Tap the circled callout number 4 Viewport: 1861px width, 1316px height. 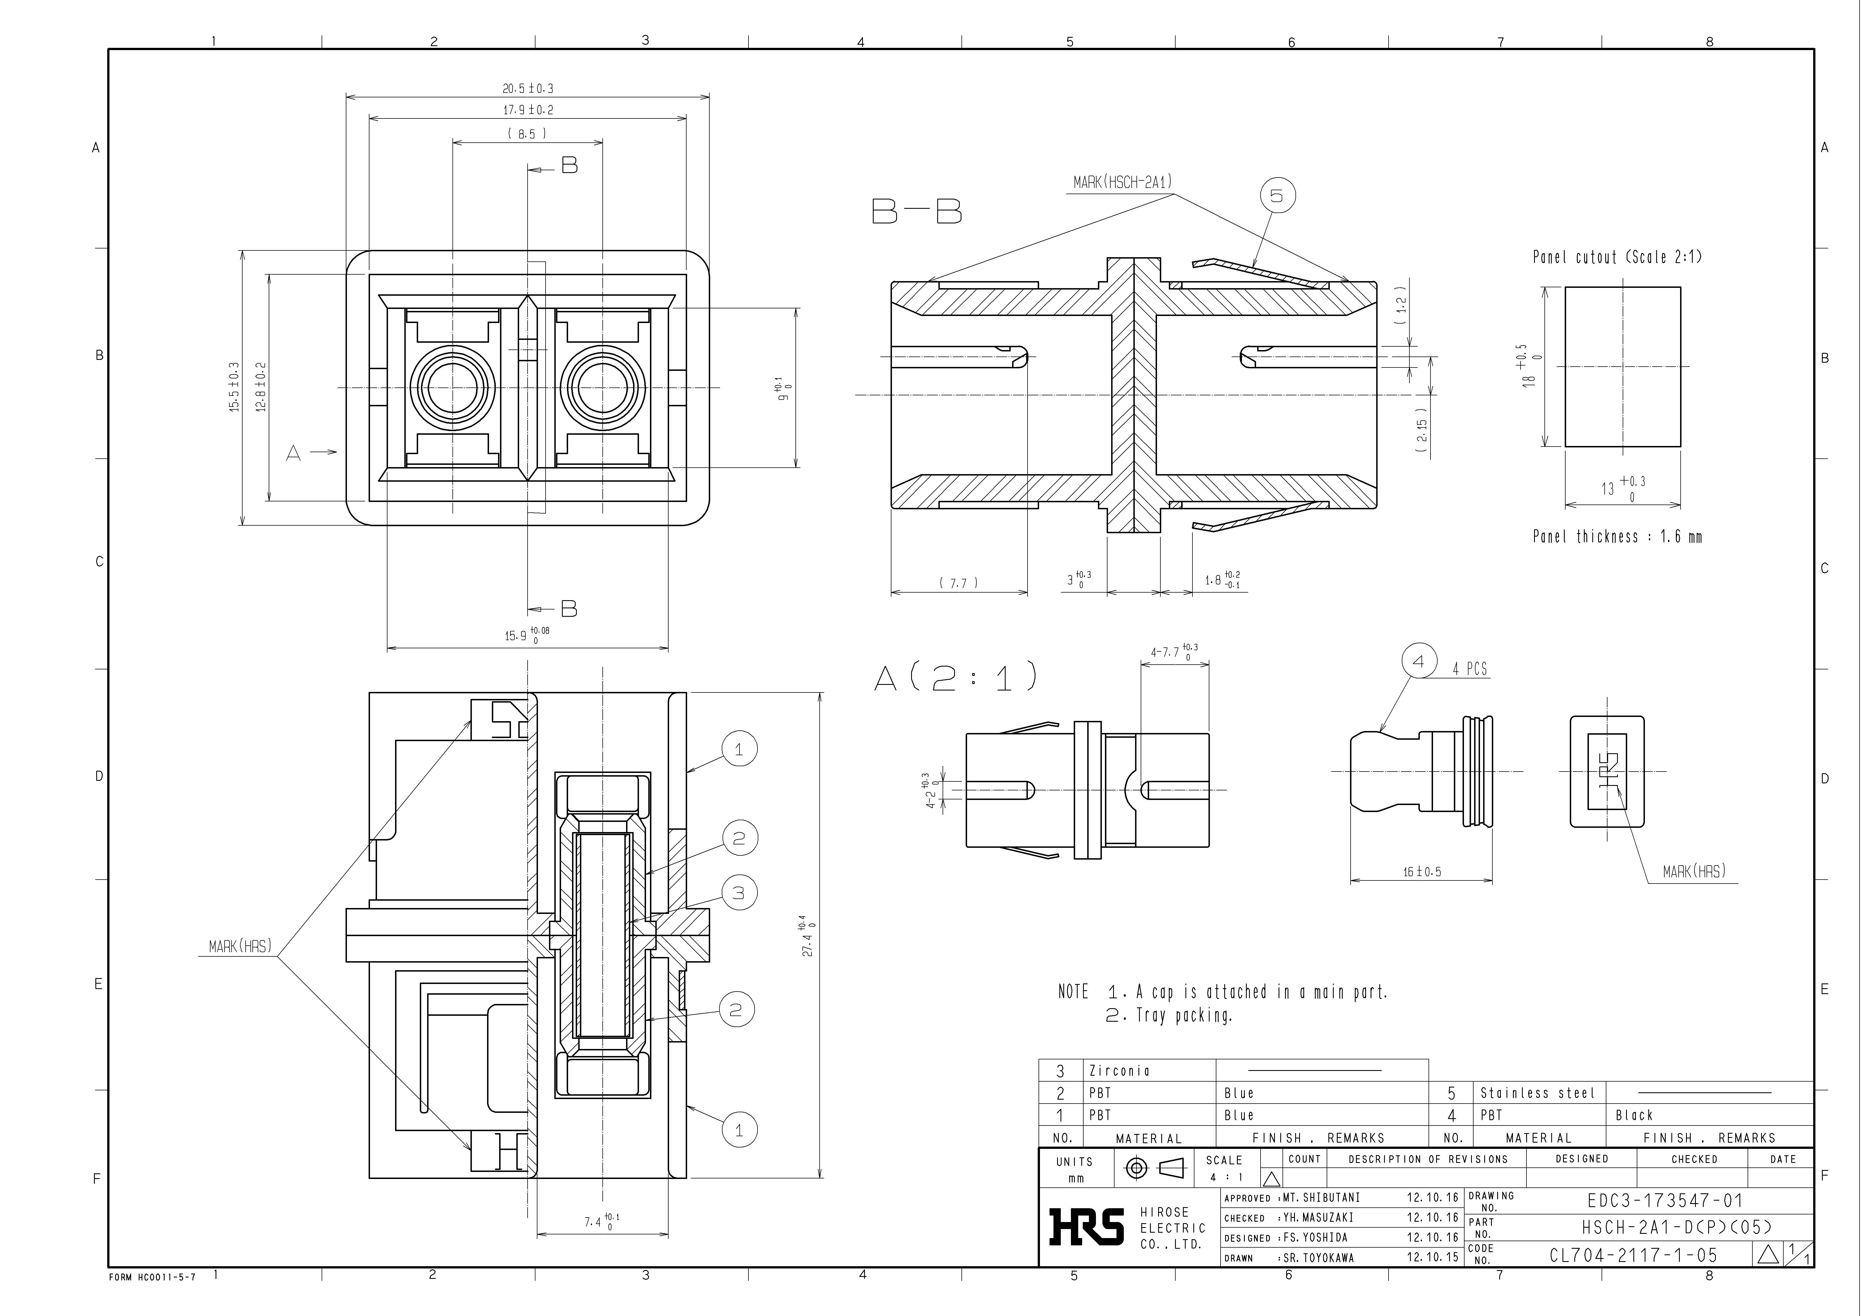pyautogui.click(x=1418, y=661)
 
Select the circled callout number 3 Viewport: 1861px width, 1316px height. pyautogui.click(x=738, y=893)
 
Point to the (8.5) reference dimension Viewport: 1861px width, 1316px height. pyautogui.click(x=527, y=134)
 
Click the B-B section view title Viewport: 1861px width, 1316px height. pyautogui.click(x=917, y=212)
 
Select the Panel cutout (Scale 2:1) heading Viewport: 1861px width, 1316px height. pyautogui.click(x=1617, y=258)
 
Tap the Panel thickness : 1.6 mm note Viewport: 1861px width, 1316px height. pyautogui.click(x=1617, y=537)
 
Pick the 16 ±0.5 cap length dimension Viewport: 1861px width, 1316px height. pyautogui.click(x=1423, y=872)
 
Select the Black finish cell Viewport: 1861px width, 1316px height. pyautogui.click(x=1633, y=1115)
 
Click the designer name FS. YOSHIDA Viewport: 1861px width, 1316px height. pyautogui.click(x=1315, y=1237)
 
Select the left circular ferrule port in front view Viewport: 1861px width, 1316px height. pyautogui.click(x=452, y=387)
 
